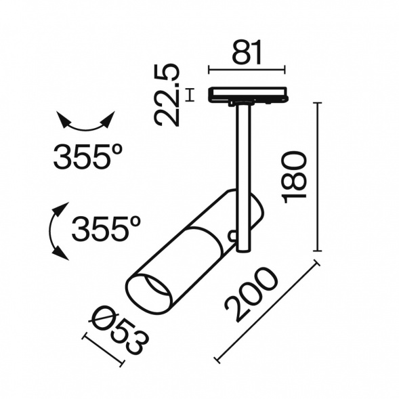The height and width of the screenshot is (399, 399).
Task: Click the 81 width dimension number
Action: pyautogui.click(x=247, y=52)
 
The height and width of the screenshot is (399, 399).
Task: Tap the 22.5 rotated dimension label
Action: pyautogui.click(x=167, y=95)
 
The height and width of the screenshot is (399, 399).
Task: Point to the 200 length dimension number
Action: pyautogui.click(x=251, y=294)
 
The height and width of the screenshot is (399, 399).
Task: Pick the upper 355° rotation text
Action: pyautogui.click(x=88, y=156)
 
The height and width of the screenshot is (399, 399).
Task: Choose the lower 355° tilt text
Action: pyautogui.click(x=106, y=228)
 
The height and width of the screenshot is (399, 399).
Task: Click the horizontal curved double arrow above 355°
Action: pyautogui.click(x=86, y=122)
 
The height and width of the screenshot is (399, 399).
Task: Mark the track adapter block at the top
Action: pyautogui.click(x=248, y=96)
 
